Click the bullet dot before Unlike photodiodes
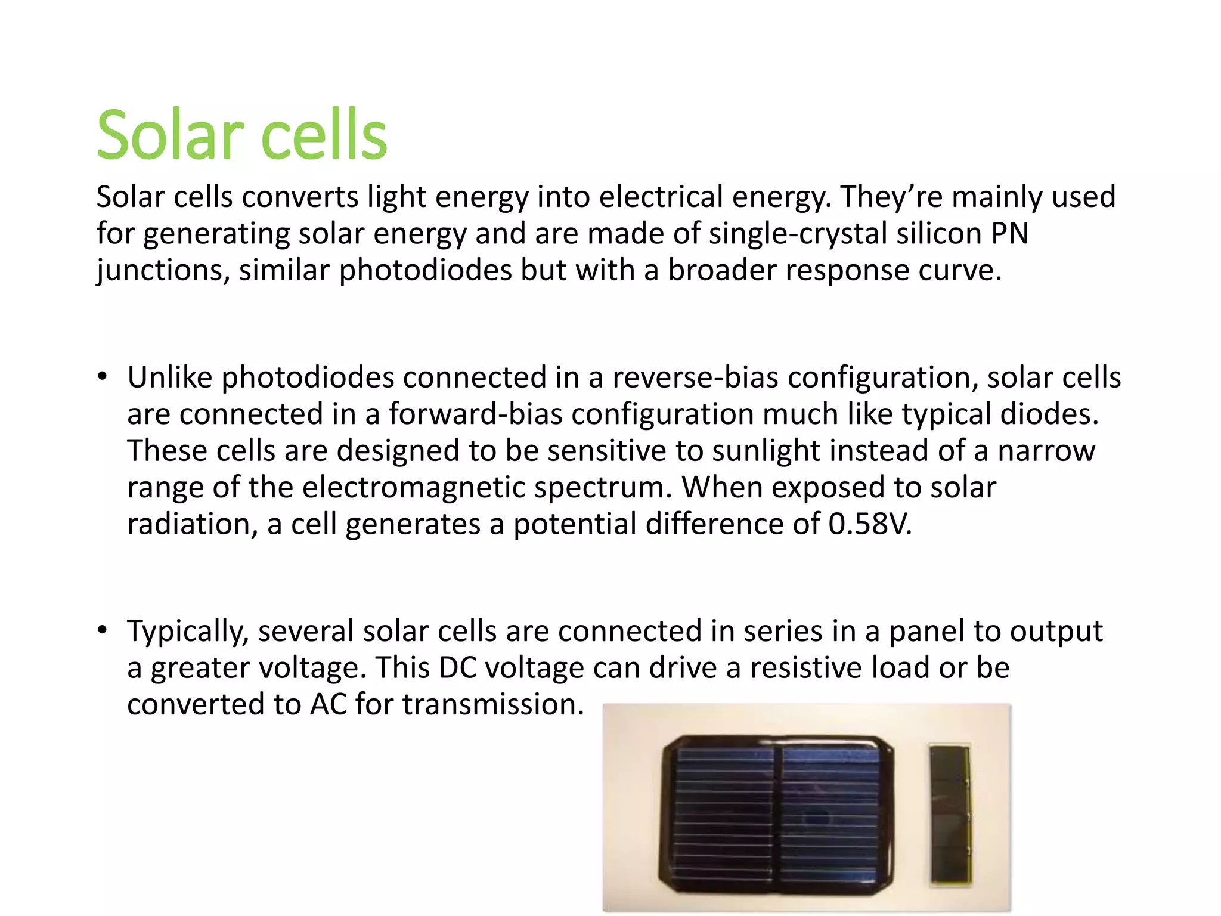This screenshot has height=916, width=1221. point(103,377)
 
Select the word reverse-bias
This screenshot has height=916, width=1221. point(695,378)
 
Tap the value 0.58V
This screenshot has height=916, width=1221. point(870,524)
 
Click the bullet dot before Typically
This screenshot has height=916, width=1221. point(103,630)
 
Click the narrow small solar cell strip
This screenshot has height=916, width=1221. point(950,813)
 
